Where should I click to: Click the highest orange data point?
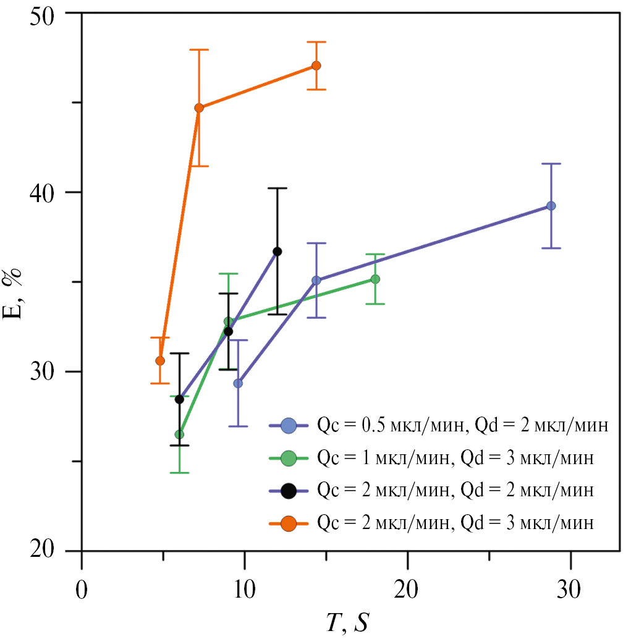316,66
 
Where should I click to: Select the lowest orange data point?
160,360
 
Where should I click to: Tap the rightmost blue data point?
551,206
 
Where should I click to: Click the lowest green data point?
179,434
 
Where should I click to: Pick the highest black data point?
277,251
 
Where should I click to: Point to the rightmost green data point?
375,279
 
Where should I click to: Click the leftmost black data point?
179,399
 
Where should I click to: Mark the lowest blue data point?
238,383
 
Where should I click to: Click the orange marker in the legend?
288,523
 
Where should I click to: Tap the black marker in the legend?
288,491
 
